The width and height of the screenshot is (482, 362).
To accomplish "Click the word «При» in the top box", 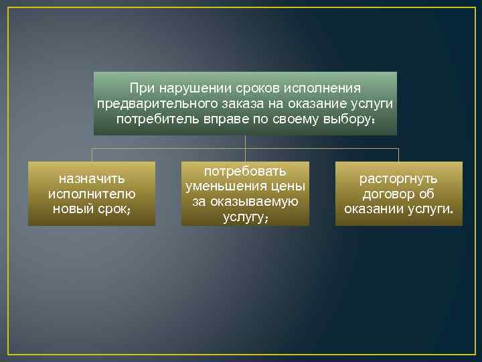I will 140,88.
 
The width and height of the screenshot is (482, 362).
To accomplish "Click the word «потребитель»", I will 151,119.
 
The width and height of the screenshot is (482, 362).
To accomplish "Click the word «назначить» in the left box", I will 92,178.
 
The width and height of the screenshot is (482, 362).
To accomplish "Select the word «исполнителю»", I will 92,194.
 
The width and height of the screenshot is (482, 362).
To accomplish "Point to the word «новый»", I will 74,208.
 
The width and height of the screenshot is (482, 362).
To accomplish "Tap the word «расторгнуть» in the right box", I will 398,178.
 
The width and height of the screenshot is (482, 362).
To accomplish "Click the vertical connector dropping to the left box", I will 92,155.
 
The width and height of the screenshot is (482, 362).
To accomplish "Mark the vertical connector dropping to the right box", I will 398,155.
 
